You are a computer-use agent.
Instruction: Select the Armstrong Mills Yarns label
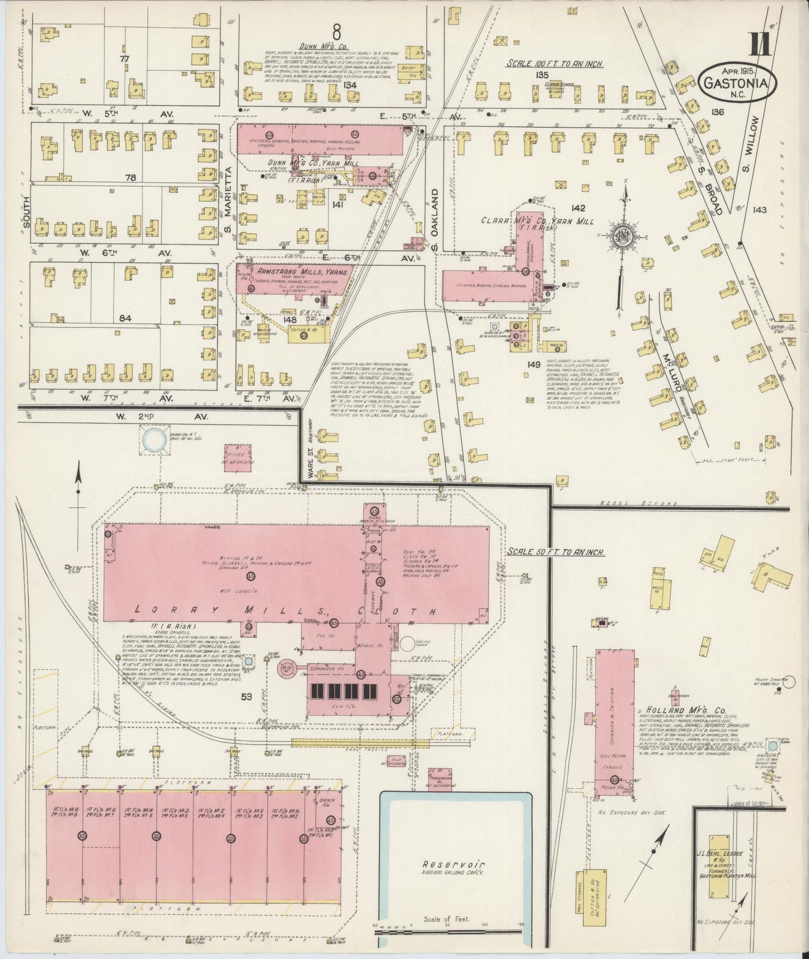(303, 271)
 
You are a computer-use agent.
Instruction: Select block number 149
(533, 365)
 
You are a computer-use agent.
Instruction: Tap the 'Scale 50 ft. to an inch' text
(556, 552)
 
